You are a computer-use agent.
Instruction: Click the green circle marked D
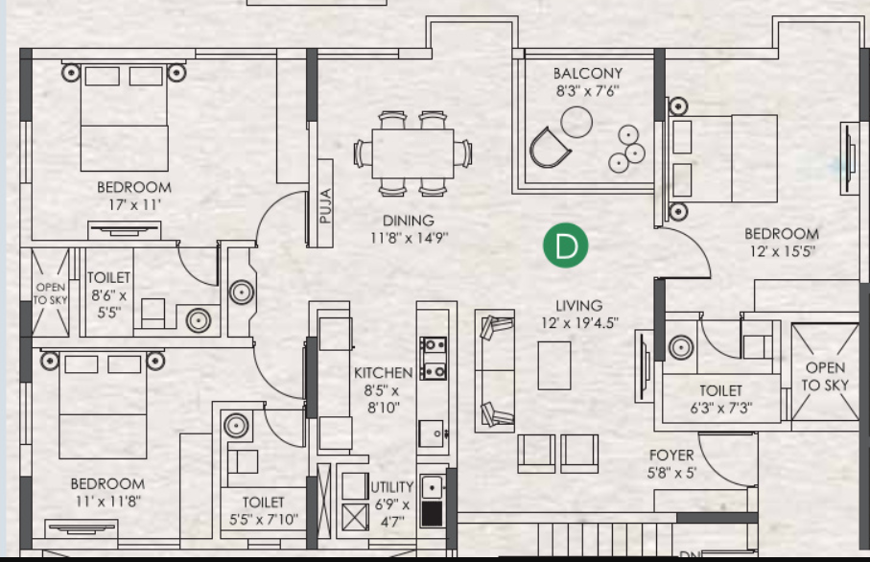(565, 246)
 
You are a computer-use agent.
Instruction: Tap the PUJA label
(325, 205)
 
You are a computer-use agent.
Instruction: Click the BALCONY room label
(587, 73)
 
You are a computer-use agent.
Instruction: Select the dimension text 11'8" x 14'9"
(409, 237)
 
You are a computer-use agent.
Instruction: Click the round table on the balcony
(577, 122)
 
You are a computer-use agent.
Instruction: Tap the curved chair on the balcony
(550, 148)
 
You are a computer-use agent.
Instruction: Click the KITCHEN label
(383, 372)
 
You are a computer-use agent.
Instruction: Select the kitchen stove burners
(434, 357)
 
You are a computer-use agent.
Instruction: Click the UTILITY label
(391, 487)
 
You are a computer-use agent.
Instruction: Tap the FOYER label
(670, 455)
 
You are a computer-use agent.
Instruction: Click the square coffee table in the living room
(554, 364)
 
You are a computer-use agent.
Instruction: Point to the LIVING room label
(578, 306)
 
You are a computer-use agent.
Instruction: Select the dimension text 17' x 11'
(134, 204)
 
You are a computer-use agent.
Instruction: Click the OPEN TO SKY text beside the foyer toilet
(825, 376)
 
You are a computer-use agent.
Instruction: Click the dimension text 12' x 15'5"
(782, 250)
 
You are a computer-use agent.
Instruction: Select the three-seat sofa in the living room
(495, 370)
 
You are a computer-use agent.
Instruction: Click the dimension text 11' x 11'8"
(107, 501)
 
